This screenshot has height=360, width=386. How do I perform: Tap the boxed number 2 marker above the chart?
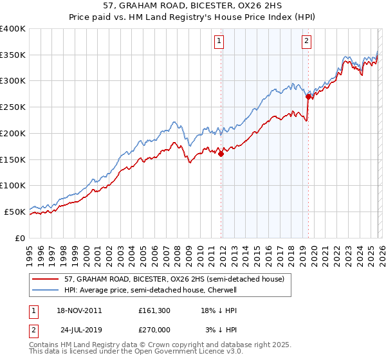point(306,42)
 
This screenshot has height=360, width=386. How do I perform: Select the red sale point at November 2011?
point(221,154)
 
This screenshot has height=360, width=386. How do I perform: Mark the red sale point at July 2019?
point(308,97)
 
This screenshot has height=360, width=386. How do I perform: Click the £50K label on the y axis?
point(14,212)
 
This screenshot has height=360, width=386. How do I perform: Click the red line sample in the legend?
point(45,279)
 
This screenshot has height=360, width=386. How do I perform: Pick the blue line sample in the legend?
point(45,290)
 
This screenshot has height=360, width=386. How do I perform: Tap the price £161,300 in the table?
point(154,310)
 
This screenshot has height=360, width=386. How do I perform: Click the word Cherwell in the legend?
point(222,290)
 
